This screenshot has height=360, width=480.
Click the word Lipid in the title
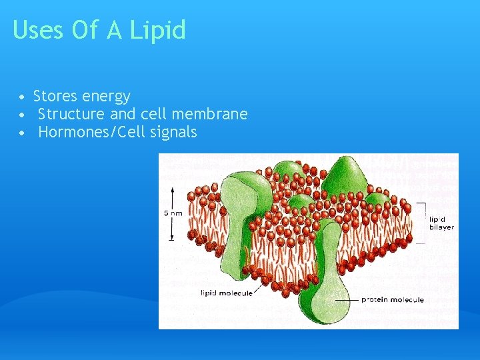point(158,31)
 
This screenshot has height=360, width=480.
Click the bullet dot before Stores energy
point(23,97)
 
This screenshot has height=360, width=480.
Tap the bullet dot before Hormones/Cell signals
point(23,133)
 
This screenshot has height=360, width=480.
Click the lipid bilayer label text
point(441,223)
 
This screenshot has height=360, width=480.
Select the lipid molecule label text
point(226,293)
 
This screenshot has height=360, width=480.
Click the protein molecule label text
point(392,300)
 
